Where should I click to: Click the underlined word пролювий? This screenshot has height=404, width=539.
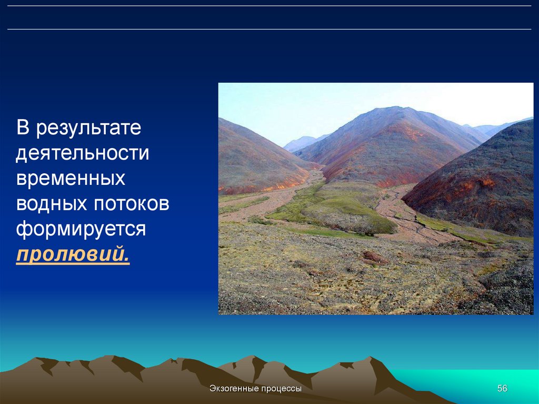pyautogui.click(x=73, y=254)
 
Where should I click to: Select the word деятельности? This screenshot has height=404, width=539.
pyautogui.click(x=83, y=153)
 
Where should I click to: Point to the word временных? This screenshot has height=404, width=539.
pyautogui.click(x=71, y=178)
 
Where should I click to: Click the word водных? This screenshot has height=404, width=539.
pyautogui.click(x=52, y=203)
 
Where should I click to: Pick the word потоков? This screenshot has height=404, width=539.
pyautogui.click(x=131, y=203)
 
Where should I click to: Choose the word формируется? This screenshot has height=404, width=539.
pyautogui.click(x=81, y=229)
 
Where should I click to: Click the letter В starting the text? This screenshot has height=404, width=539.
pyautogui.click(x=23, y=127)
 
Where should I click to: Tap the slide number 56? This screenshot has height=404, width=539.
pyautogui.click(x=502, y=388)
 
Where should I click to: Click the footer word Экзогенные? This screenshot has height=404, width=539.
pyautogui.click(x=234, y=389)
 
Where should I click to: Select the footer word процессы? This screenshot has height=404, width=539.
pyautogui.click(x=281, y=389)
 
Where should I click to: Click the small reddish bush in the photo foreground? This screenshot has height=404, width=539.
pyautogui.click(x=375, y=257)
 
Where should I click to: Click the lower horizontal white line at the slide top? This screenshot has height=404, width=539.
pyautogui.click(x=269, y=29)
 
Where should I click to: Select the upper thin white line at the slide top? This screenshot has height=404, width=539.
pyautogui.click(x=269, y=6)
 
